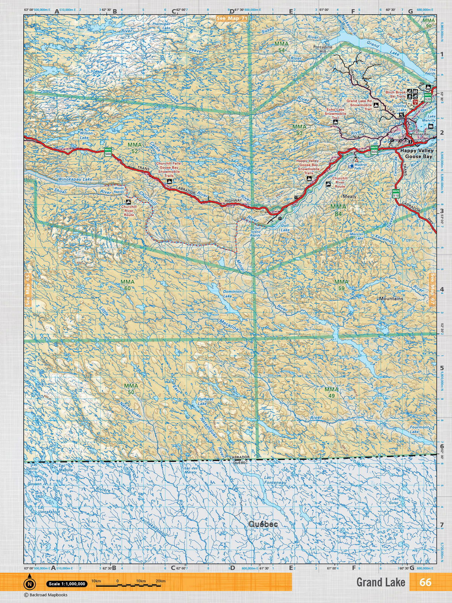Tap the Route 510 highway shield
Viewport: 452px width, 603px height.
[x=396, y=194]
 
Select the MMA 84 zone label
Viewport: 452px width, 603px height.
[x=338, y=210]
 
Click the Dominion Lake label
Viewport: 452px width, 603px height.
[x=232, y=294]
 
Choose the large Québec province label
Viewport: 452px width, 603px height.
[x=263, y=524]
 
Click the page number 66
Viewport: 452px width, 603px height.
[x=425, y=582]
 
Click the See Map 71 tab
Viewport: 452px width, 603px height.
[x=232, y=18]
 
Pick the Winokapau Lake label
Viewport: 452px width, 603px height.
[x=75, y=179]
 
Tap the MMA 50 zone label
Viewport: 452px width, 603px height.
[x=131, y=389]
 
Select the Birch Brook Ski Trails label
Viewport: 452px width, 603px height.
[x=395, y=94]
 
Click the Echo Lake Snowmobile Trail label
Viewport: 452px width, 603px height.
[x=335, y=113]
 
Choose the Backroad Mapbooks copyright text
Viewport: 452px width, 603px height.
[x=41, y=595]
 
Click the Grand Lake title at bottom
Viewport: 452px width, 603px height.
[x=380, y=582]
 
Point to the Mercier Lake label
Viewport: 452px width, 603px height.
[x=356, y=236]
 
